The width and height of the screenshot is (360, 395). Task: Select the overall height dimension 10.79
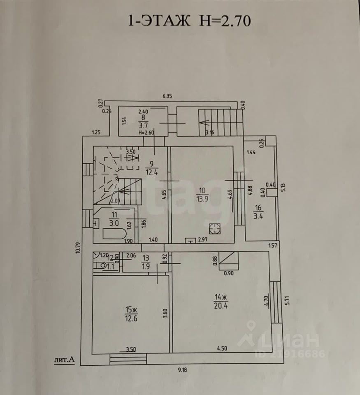click(x=78, y=249)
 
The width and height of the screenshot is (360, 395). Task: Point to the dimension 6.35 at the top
click(x=167, y=96)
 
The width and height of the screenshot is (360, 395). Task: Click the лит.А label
click(x=65, y=360)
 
